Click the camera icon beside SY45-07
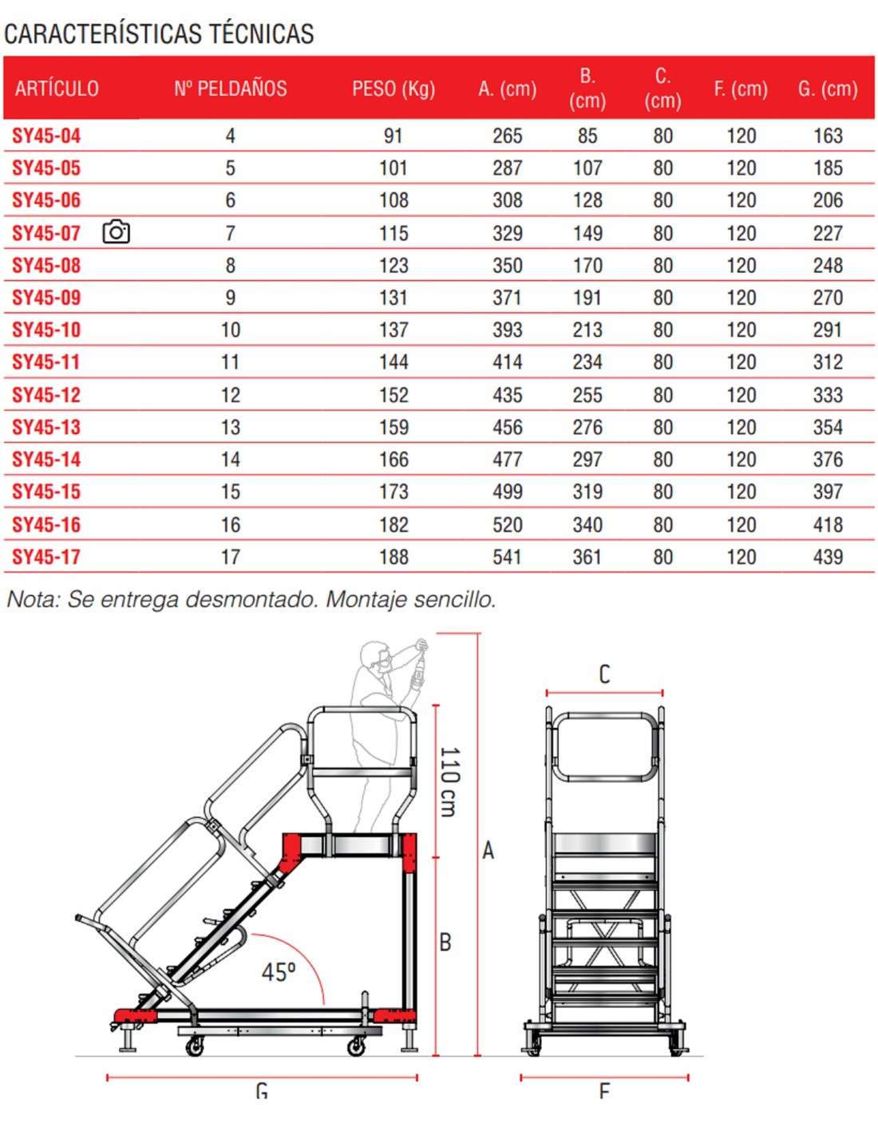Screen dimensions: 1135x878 point(116,232)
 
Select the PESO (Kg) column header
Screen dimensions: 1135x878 point(394,89)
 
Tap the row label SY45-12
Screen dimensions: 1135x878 point(46,395)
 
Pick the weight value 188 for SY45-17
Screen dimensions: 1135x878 point(394,557)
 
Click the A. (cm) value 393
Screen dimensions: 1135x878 point(507,330)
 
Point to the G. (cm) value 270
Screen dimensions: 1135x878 point(828,298)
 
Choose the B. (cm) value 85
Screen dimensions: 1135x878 point(587,136)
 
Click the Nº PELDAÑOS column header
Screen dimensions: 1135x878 point(231,89)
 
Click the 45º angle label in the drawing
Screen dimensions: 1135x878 point(279,971)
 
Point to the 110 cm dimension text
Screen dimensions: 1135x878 point(449,781)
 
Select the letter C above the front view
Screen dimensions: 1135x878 point(604,674)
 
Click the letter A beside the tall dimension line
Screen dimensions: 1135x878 point(488,850)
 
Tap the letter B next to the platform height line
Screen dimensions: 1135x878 point(445,943)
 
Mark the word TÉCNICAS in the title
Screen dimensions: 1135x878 point(262,34)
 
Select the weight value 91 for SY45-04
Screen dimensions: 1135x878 point(394,136)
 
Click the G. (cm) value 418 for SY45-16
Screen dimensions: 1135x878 point(828,525)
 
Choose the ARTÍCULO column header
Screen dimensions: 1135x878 point(57,89)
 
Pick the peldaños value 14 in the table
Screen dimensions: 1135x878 point(231,460)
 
